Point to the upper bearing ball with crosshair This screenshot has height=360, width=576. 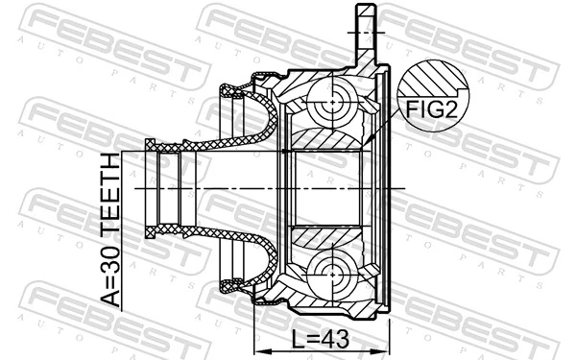[331, 99]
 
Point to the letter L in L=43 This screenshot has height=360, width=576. [299, 339]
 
